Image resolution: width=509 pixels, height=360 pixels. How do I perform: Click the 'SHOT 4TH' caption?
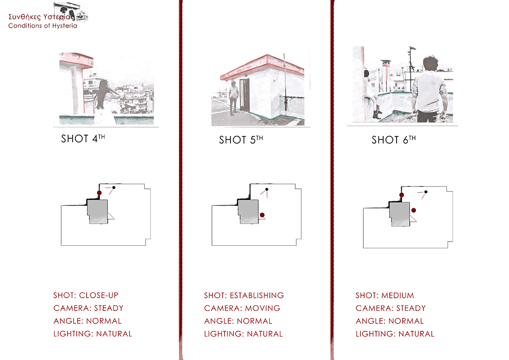pyautogui.click(x=83, y=139)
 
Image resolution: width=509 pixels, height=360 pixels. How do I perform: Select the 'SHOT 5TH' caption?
pyautogui.click(x=241, y=140)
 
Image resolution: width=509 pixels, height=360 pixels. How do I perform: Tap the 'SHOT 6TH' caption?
pyautogui.click(x=393, y=140)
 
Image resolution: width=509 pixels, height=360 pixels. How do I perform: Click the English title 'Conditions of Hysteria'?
pyautogui.click(x=43, y=25)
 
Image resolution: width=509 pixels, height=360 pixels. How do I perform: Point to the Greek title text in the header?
pyautogui.click(x=41, y=17)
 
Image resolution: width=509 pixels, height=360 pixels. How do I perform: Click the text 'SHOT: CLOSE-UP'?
pyautogui.click(x=86, y=295)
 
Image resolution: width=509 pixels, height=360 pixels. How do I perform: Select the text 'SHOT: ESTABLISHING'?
pyautogui.click(x=244, y=295)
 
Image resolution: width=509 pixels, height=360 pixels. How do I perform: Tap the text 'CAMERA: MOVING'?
pyautogui.click(x=242, y=308)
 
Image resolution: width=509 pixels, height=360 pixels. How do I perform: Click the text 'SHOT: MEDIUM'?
pyautogui.click(x=385, y=295)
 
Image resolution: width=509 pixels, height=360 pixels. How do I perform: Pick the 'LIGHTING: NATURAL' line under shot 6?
pyautogui.click(x=395, y=334)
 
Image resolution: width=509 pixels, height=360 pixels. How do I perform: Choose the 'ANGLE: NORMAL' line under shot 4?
pyautogui.click(x=87, y=321)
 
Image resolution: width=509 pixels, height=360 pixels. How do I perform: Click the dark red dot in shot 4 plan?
pyautogui.click(x=99, y=193)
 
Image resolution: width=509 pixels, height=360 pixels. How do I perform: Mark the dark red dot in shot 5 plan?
pyautogui.click(x=262, y=215)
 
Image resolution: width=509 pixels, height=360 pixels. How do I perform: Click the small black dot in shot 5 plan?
pyautogui.click(x=267, y=189)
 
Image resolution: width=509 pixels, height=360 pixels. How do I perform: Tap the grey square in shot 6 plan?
pyautogui.click(x=400, y=214)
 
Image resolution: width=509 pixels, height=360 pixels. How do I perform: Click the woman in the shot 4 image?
pyautogui.click(x=106, y=102)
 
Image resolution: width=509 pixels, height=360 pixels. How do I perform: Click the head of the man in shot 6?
pyautogui.click(x=431, y=63)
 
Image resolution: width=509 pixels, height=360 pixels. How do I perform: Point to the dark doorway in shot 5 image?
pyautogui.click(x=245, y=94)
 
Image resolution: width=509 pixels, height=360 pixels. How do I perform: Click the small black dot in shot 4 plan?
pyautogui.click(x=114, y=187)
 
